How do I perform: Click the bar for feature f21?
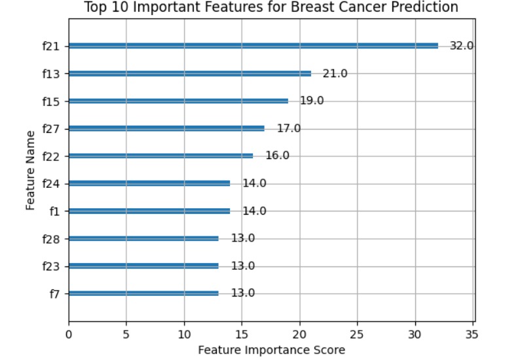[253, 46]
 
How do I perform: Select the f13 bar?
[189, 73]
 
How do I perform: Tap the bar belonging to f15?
[178, 101]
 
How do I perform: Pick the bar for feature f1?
[149, 211]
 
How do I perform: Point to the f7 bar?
[143, 293]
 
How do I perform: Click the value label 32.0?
[461, 46]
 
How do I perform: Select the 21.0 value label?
[335, 73]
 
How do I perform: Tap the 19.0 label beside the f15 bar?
[312, 101]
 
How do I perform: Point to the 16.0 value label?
[277, 156]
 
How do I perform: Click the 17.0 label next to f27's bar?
[288, 128]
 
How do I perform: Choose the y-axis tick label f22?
[51, 156]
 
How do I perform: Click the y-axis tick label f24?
[51, 183]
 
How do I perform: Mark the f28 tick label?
[51, 238]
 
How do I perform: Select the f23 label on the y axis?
[51, 266]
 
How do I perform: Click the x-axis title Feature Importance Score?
[271, 350]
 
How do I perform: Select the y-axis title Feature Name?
[30, 170]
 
